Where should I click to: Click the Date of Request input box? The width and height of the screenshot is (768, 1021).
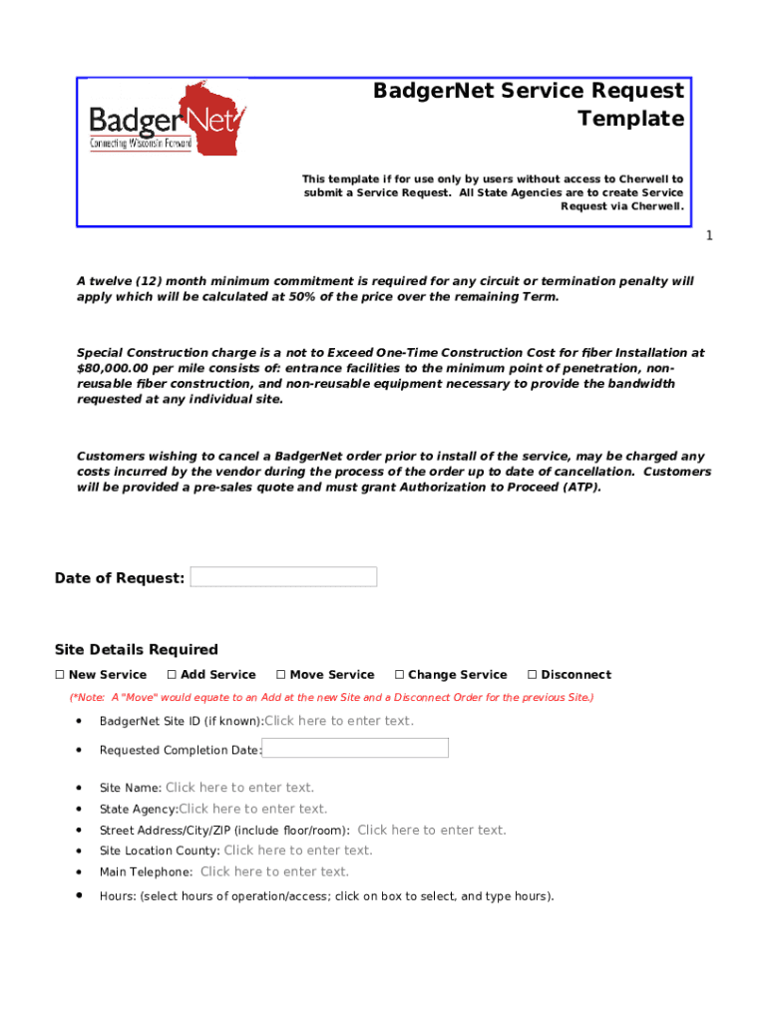(283, 577)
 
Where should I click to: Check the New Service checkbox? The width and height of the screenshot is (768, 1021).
(60, 675)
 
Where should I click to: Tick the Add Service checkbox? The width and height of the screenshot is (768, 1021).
(172, 675)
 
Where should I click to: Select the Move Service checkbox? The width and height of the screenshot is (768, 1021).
(281, 675)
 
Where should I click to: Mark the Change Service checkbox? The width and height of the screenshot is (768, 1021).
(399, 675)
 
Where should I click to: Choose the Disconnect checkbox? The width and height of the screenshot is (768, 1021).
(532, 675)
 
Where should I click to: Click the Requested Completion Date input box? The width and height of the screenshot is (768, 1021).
(355, 749)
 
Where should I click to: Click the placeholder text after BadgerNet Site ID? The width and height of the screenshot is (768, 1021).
(339, 721)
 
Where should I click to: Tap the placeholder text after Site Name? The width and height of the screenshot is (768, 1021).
(239, 788)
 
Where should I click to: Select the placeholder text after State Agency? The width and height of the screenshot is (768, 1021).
(253, 809)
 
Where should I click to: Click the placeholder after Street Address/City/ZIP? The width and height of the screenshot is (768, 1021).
(432, 830)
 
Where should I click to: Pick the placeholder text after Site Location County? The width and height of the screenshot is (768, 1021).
(298, 851)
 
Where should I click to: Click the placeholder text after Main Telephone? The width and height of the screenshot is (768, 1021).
(274, 871)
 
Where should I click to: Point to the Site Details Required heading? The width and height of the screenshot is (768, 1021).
(137, 649)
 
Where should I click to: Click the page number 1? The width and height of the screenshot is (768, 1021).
(709, 235)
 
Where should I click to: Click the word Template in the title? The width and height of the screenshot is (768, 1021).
(631, 120)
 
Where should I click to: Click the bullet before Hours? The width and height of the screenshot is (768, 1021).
(79, 895)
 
